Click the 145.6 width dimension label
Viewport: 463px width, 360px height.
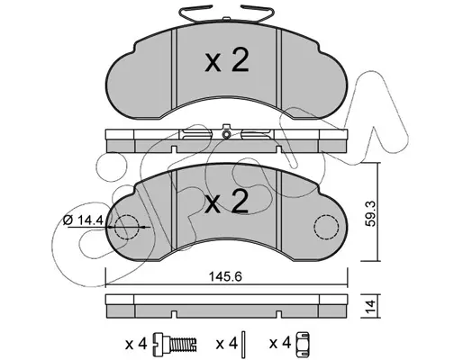click(225, 277)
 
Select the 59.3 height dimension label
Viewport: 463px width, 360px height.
click(371, 213)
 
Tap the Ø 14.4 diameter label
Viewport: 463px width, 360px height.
click(83, 220)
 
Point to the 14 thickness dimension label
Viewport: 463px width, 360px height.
click(371, 306)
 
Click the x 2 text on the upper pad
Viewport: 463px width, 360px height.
click(227, 61)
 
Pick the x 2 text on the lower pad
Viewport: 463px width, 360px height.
click(227, 202)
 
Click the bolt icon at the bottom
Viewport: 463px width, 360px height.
click(175, 343)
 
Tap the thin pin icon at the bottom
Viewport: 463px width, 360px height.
click(243, 342)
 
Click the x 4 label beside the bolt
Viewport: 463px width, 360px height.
click(136, 344)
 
